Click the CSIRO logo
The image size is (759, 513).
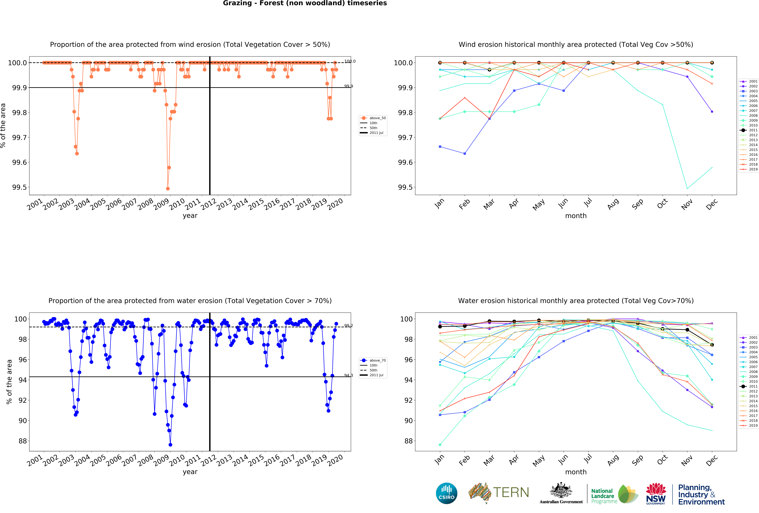point(446,493)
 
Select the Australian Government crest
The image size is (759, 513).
point(561,490)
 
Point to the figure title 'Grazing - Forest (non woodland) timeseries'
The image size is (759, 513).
point(305,3)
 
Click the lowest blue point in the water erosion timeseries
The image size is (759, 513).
point(170,445)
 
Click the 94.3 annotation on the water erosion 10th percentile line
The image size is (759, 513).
point(348,375)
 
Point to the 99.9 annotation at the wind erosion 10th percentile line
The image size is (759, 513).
point(348,86)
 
